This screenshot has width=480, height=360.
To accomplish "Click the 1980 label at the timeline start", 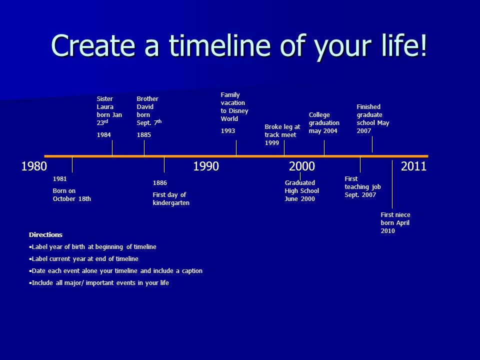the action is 34,166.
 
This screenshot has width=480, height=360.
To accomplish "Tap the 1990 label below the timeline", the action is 206,166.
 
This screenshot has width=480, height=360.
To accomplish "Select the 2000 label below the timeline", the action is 302,166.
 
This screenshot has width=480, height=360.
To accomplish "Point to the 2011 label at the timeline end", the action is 413,166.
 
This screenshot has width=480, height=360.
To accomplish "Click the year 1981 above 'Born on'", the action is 59,179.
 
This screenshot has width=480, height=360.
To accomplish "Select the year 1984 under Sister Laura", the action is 104,134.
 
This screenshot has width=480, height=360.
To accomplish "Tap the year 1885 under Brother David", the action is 144,134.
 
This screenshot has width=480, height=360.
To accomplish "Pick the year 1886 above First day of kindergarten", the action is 160,183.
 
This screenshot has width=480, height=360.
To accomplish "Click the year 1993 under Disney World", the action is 228,130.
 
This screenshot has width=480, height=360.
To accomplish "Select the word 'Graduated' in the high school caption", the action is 299,183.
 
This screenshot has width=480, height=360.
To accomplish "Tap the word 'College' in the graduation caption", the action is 319,115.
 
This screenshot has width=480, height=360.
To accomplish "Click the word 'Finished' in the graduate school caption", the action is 368,107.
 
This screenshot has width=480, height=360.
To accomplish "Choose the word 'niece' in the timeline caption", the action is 402,215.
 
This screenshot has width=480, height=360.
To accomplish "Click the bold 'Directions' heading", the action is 45,235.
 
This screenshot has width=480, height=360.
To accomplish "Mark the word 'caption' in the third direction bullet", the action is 192,271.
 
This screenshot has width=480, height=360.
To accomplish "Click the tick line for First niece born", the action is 392,184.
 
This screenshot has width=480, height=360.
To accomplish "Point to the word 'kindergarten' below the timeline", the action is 171,203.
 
